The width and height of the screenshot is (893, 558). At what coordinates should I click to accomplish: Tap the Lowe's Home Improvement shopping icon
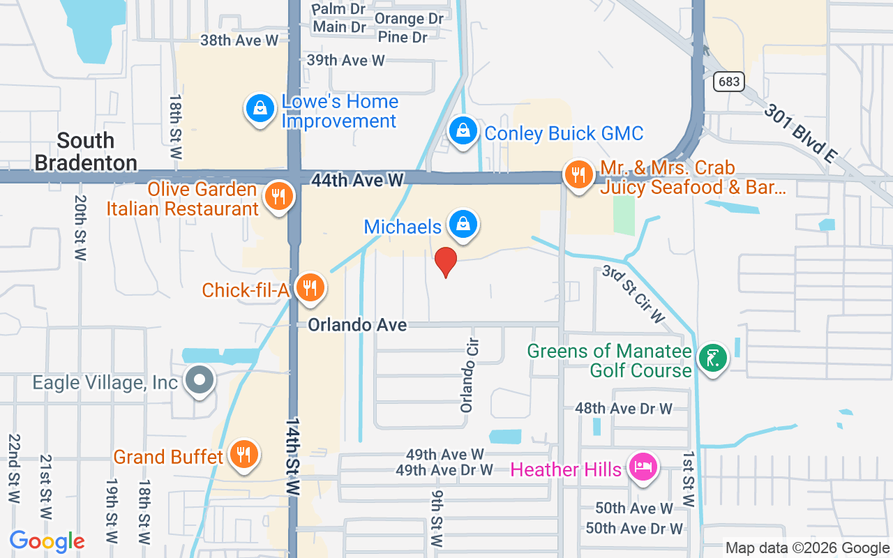(x=260, y=109)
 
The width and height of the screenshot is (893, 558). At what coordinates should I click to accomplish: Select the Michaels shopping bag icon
(x=462, y=224)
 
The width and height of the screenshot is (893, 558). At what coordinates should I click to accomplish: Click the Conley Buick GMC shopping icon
(x=462, y=130)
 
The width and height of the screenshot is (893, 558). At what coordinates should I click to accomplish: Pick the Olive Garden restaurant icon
(x=278, y=196)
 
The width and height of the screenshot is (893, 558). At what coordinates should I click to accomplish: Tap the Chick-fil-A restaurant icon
(x=309, y=287)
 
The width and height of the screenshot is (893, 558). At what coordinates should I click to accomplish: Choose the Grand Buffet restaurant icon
(x=243, y=455)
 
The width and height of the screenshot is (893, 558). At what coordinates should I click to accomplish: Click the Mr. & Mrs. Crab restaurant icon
(x=578, y=174)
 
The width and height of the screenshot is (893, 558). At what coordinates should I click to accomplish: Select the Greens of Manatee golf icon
(x=712, y=359)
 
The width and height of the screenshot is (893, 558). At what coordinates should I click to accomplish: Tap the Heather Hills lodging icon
(x=643, y=467)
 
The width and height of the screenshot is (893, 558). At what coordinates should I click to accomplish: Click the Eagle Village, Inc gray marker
(x=200, y=380)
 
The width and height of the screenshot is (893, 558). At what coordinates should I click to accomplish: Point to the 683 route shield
(x=728, y=82)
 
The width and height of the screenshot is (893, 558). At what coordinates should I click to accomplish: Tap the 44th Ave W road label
(x=357, y=180)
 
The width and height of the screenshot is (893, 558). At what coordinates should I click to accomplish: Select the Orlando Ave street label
(x=357, y=325)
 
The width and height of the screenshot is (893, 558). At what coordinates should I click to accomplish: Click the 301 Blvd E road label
(x=800, y=133)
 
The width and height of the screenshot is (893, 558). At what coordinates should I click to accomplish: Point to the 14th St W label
(x=292, y=457)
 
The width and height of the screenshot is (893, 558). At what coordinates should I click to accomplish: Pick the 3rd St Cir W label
(x=634, y=294)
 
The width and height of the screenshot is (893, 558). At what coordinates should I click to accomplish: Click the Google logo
(x=47, y=541)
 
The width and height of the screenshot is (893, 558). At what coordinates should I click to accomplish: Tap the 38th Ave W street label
(x=239, y=40)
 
